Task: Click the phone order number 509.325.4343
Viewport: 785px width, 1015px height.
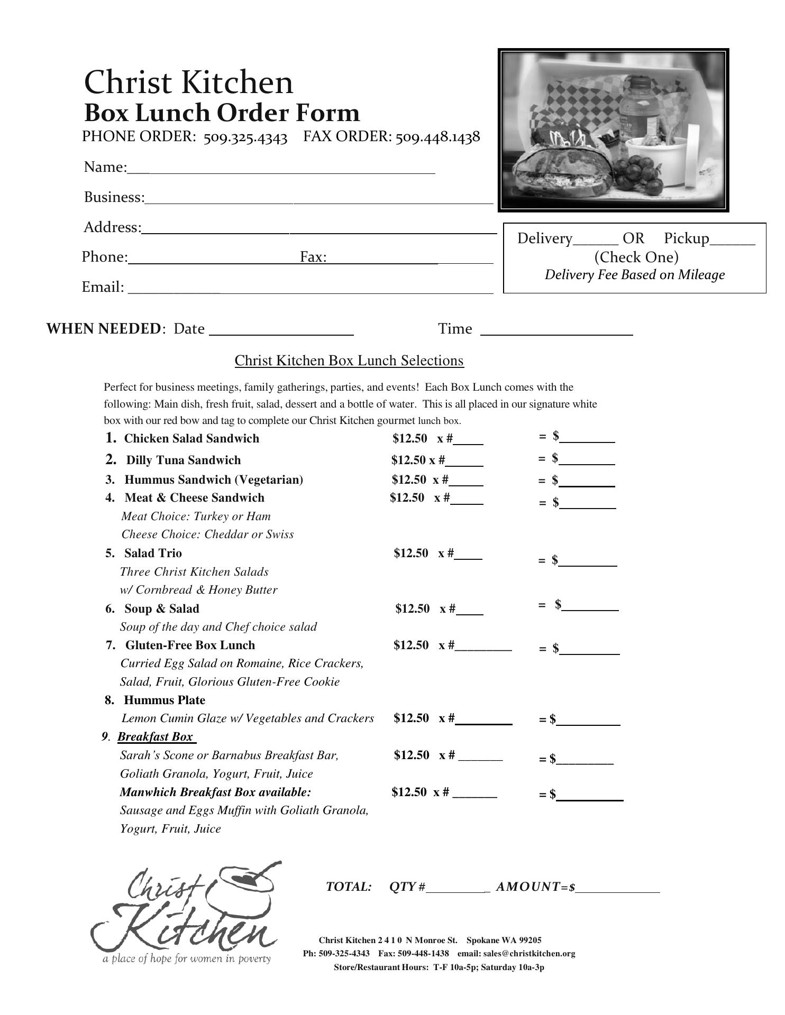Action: tap(245, 137)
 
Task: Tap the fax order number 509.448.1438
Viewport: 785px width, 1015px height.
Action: tap(437, 137)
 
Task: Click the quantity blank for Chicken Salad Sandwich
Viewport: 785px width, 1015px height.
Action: tap(468, 441)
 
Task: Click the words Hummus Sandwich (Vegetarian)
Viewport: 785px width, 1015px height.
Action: tap(214, 480)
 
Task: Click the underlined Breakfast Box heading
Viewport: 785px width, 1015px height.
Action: tap(156, 737)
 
